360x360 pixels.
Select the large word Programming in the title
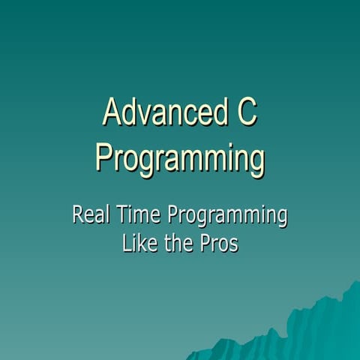(x=180, y=159)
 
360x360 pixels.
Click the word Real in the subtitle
(x=89, y=216)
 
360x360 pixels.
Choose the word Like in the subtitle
(x=139, y=244)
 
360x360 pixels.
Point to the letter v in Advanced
(x=147, y=116)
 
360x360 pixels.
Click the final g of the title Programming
(x=256, y=163)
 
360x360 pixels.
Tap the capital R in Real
(x=77, y=216)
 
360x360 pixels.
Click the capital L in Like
(x=126, y=244)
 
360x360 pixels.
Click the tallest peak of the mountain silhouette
(x=352, y=283)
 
